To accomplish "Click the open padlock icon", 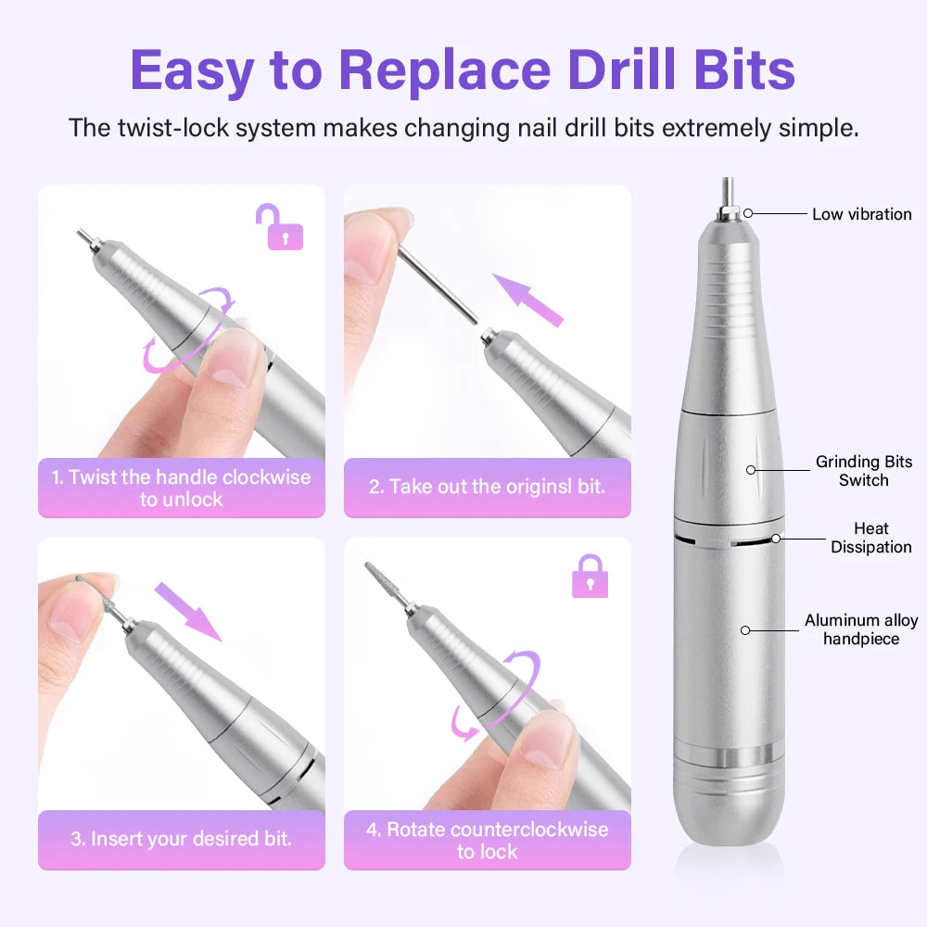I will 285,227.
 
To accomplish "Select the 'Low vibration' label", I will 861,214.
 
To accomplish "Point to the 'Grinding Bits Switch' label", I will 863,470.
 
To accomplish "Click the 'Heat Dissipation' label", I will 870,538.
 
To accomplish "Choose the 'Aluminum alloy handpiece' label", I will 860,629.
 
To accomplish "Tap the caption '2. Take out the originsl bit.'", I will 487,487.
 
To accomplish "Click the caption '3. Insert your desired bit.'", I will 182,839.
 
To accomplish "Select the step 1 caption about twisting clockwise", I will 182,488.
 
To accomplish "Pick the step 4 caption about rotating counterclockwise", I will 487,840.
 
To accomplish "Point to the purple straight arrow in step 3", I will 187,611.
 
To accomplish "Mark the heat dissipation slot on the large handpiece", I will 728,539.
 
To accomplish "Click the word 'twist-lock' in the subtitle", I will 172,127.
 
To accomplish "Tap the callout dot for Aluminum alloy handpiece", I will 743,630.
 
